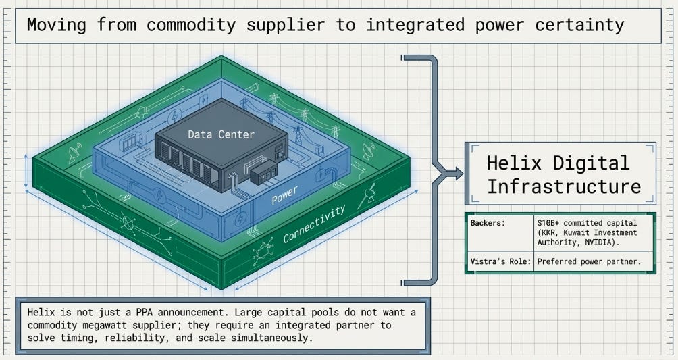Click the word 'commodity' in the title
(191, 25)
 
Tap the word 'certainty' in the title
(579, 25)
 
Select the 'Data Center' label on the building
(221, 134)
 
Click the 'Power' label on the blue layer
(284, 195)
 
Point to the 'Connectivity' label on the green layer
(315, 224)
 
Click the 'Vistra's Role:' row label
(500, 262)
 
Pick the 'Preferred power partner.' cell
(589, 262)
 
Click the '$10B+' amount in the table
(548, 223)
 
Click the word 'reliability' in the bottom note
(139, 338)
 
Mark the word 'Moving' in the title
(57, 25)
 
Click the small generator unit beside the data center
(264, 172)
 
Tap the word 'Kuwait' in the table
(577, 233)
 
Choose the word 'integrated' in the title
(415, 25)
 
